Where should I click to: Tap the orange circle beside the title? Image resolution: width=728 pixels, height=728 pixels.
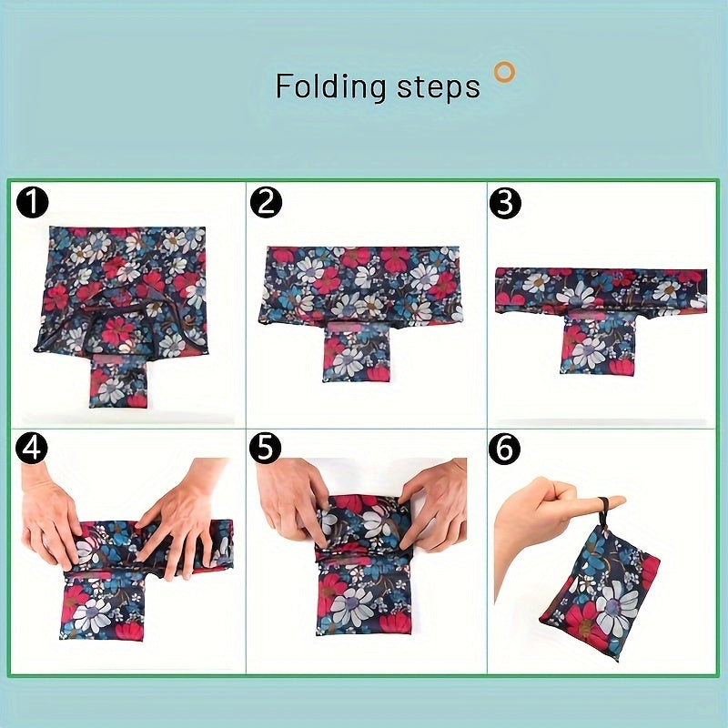(x=503, y=71)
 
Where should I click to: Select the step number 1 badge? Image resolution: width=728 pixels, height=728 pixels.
(x=32, y=203)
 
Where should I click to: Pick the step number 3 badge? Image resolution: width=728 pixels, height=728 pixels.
(x=505, y=203)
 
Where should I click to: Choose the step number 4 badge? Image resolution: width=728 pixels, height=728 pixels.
(x=32, y=448)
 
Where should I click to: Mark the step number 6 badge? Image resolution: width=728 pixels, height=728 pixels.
(x=505, y=448)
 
